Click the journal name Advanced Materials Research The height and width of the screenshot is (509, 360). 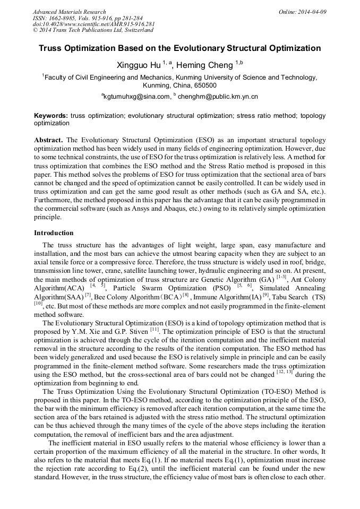click(69, 12)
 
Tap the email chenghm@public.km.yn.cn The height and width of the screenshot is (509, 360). click(211, 97)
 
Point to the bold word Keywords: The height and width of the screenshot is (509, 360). click(51, 115)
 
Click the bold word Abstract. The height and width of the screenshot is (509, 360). click(49, 140)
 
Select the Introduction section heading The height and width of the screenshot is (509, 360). click(54, 233)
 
